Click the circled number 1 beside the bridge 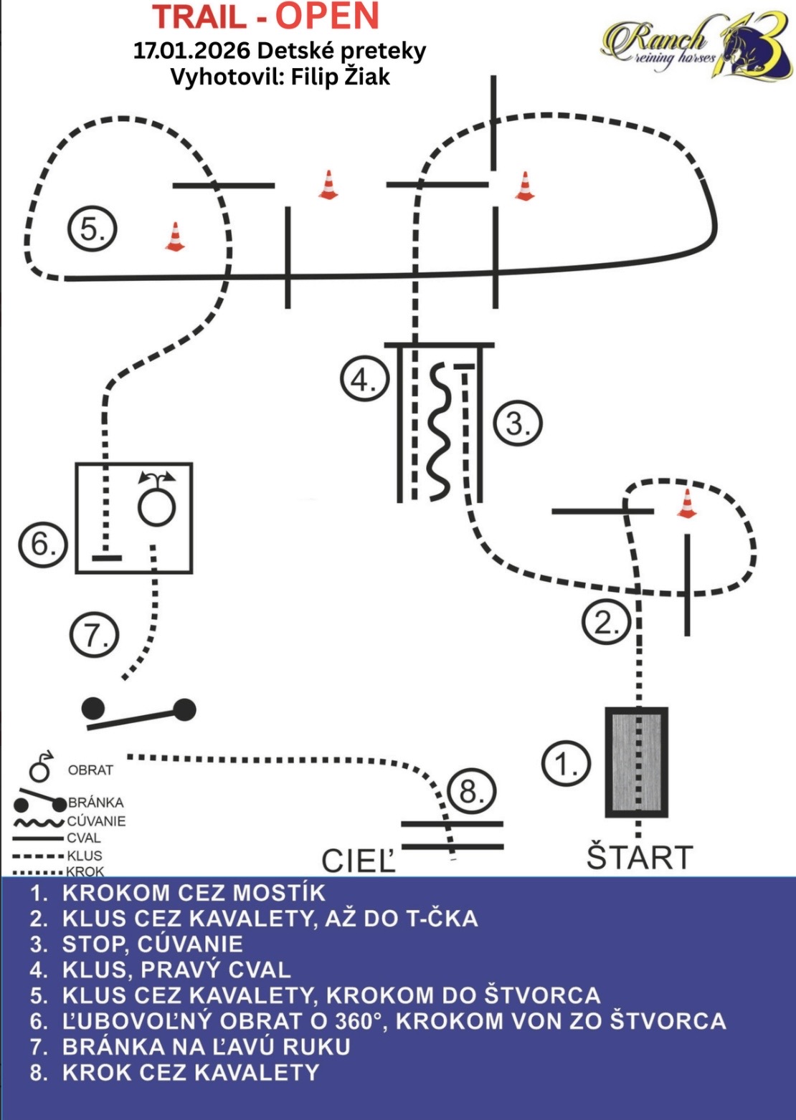tap(566, 764)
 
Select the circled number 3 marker tap(517, 423)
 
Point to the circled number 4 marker tap(364, 379)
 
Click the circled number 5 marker tap(92, 229)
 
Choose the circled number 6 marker tap(42, 544)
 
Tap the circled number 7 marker tap(95, 635)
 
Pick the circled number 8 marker tap(471, 791)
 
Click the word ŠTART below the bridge tap(640, 857)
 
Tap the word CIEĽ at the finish tap(359, 861)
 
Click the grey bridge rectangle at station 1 tap(637, 762)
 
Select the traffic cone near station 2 tap(687, 503)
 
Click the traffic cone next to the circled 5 tap(174, 237)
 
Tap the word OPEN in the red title tap(327, 17)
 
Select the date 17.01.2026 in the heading tap(191, 51)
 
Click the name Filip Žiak tap(340, 77)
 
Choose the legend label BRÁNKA tap(96, 803)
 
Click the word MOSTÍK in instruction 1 tap(276, 893)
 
